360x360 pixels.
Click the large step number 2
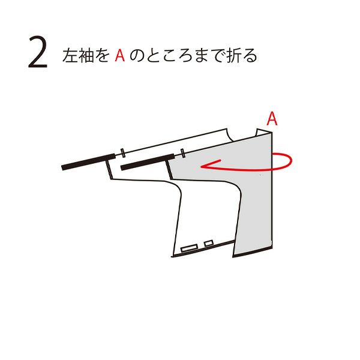coord(38,52)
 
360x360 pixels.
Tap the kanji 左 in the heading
coord(70,55)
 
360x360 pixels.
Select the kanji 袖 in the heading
coord(86,55)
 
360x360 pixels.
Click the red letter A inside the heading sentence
coord(119,55)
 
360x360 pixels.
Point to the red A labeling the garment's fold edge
coord(272,118)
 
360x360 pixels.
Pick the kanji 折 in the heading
coord(234,55)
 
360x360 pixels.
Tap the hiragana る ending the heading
coord(250,56)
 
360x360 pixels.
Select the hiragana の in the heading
coord(137,56)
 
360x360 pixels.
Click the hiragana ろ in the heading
coord(185,56)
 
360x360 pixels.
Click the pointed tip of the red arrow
coord(201,166)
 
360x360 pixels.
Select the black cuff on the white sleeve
coord(88,161)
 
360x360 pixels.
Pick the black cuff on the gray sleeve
coord(148,162)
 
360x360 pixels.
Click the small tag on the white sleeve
coord(123,152)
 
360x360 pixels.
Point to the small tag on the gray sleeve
coord(183,153)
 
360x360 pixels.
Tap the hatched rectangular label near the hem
coord(190,248)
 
